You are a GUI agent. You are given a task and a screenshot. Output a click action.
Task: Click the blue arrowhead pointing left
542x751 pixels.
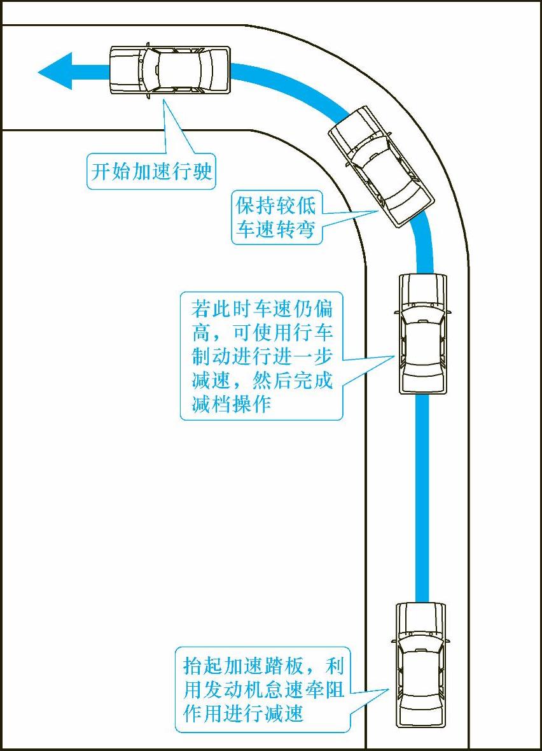point(56,71)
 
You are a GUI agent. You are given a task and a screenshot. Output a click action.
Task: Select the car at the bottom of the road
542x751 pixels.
point(420,665)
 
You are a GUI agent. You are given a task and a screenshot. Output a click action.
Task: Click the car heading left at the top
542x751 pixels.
point(169,70)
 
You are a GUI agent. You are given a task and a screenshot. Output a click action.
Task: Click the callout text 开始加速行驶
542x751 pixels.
point(151,171)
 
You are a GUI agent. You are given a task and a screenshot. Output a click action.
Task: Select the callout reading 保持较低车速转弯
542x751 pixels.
point(276,217)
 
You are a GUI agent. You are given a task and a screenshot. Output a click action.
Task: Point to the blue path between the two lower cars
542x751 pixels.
point(422,496)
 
